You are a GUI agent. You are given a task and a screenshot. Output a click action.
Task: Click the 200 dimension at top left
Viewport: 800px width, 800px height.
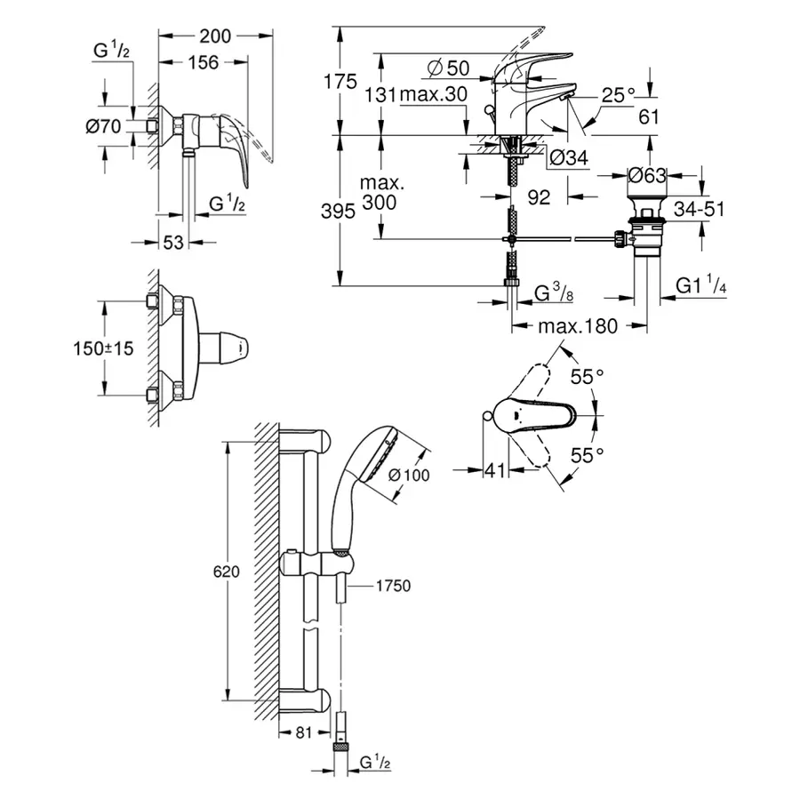coord(213,36)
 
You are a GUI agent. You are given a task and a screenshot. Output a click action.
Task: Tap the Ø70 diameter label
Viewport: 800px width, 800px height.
coord(103,126)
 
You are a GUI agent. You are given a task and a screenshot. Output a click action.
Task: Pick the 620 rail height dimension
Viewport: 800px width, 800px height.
coord(227,573)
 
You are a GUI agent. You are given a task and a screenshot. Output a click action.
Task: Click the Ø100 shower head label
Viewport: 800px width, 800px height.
coord(409,476)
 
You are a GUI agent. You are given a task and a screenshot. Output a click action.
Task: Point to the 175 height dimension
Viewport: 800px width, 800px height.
coord(339,82)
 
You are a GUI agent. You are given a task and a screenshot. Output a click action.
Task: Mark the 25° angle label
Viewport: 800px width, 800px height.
coord(619,92)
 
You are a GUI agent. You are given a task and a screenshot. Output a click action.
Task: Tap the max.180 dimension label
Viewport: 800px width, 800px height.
coord(577,326)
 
